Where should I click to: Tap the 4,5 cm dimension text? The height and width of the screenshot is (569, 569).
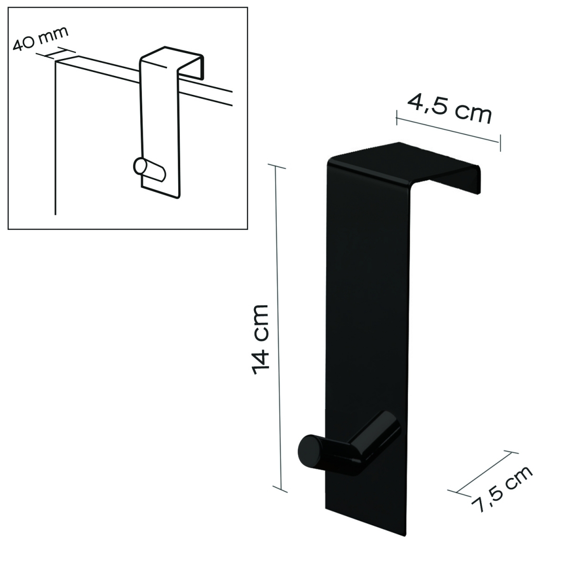449,109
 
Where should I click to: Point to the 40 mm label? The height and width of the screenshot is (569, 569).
40,38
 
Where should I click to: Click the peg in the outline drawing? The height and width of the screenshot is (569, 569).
148,171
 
